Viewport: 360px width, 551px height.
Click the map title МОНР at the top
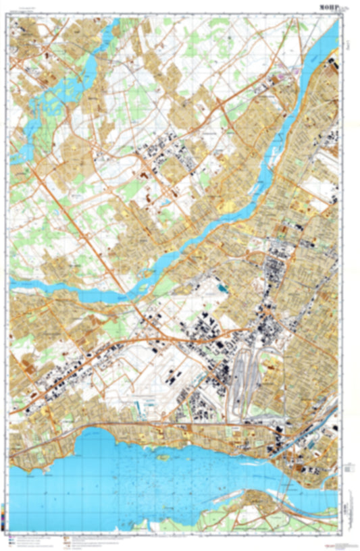(330, 7)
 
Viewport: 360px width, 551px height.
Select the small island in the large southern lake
(161, 456)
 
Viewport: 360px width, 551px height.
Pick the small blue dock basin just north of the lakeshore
(140, 406)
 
